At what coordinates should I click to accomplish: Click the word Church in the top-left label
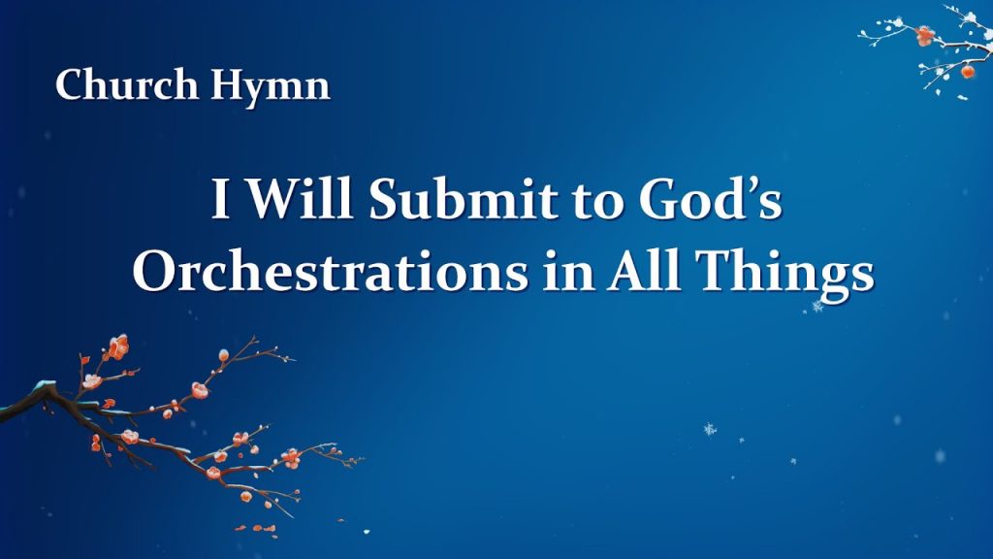(127, 83)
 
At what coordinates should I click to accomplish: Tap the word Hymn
(271, 86)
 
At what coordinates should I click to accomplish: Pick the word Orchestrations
(330, 271)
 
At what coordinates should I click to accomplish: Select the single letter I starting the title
(220, 199)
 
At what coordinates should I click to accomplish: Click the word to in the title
(599, 203)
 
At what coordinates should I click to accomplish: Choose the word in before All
(567, 273)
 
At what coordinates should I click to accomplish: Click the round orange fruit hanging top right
(967, 71)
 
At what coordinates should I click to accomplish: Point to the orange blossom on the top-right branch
(924, 36)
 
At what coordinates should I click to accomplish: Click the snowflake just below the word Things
(817, 307)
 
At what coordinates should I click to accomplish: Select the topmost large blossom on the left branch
(117, 346)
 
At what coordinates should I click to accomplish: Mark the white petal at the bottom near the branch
(366, 532)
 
